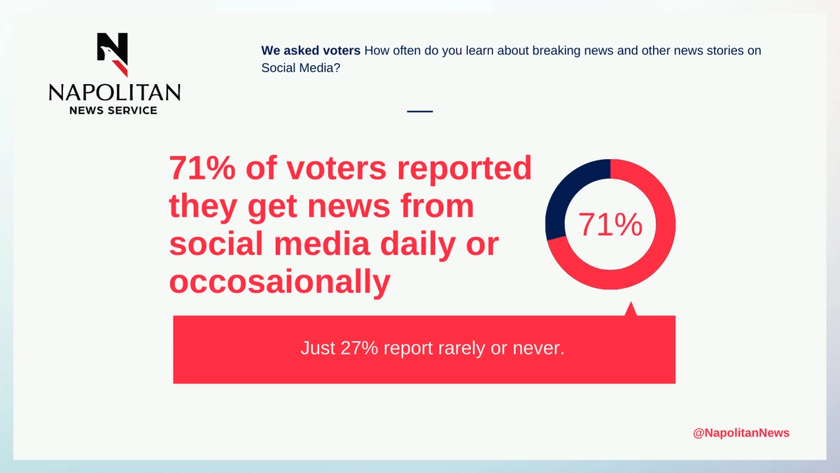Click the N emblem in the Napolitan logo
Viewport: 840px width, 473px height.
(113, 55)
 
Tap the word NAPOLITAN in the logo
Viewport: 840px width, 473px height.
(114, 92)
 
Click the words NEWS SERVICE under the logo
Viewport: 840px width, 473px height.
(113, 111)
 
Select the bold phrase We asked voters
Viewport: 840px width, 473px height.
(311, 50)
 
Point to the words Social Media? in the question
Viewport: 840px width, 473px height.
(301, 68)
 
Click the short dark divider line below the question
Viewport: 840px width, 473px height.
(420, 111)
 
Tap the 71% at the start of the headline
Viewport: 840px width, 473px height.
(202, 167)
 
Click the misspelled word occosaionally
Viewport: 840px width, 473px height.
(280, 282)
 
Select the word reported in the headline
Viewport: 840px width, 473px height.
(464, 170)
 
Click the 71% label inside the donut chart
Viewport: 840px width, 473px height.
(610, 224)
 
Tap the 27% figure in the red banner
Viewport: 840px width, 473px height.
(359, 348)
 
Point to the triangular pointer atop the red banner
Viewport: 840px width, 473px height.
(631, 310)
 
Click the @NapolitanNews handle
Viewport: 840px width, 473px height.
(741, 433)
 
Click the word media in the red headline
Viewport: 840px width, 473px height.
(322, 244)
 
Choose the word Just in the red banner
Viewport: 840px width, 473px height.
(318, 348)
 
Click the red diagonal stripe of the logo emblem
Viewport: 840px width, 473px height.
(120, 69)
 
